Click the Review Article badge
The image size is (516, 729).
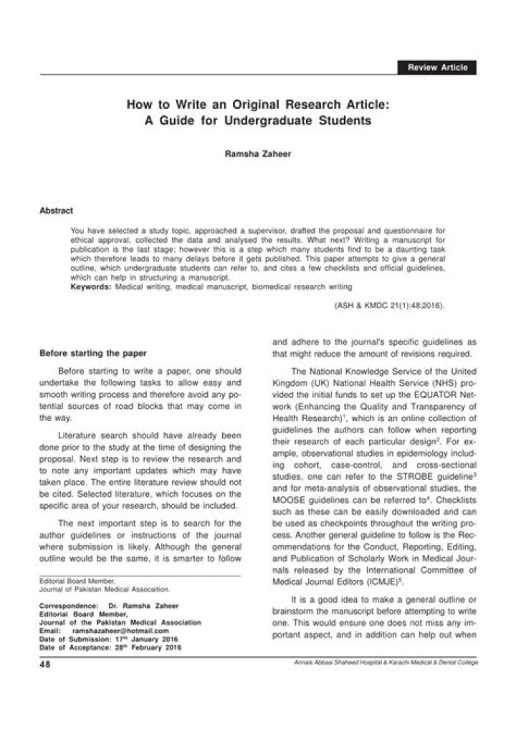coord(436,67)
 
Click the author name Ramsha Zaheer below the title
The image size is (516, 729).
coord(257,153)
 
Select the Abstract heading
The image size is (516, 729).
coord(56,211)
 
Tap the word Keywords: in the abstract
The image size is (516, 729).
coord(90,286)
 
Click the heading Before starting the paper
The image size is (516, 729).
coord(93,353)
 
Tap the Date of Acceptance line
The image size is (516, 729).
coord(110,647)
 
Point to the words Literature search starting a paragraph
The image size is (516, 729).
coord(92,435)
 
